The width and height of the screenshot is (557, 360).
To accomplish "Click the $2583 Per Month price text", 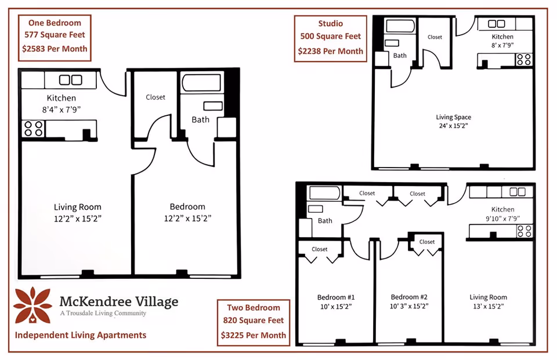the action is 55,49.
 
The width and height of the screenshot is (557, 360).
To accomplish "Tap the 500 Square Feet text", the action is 330,36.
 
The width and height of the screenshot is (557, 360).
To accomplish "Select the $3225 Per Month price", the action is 254,335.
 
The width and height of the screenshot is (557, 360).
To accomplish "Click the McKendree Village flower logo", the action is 32,306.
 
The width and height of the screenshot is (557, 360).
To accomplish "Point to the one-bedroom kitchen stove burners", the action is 34,129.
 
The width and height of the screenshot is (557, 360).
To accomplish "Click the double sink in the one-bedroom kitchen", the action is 70,79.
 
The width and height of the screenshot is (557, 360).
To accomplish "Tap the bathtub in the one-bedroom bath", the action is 201,83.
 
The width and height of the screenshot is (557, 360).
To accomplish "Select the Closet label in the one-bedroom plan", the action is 155,97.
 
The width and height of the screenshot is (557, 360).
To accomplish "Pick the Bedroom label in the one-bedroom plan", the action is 187,206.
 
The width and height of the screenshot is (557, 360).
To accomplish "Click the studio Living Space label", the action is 454,117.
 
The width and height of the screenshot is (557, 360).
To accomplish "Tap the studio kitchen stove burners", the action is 524,59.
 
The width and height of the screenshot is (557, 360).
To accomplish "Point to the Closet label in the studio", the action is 435,37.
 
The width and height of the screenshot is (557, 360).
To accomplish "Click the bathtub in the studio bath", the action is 400,26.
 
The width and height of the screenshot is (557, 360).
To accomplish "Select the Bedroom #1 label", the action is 336,297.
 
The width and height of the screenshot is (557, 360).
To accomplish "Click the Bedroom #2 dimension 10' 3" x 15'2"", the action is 409,306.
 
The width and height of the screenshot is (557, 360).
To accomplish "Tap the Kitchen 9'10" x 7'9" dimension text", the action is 502,219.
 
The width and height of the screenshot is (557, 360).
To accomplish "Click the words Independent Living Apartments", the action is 81,335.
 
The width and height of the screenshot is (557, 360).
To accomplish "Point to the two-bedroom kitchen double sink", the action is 517,192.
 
